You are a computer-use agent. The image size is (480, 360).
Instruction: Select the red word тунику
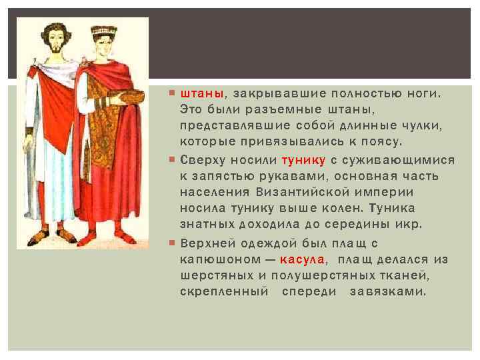click(304, 160)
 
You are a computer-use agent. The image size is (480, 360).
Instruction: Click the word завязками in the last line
click(387, 291)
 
